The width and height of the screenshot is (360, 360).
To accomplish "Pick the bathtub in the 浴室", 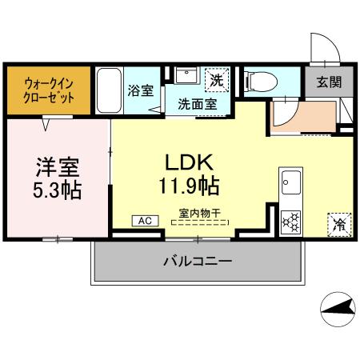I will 110,90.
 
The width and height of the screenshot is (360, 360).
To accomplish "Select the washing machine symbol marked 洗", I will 217,80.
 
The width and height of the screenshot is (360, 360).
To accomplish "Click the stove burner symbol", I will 290,220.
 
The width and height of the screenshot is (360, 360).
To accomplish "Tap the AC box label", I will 145,220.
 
